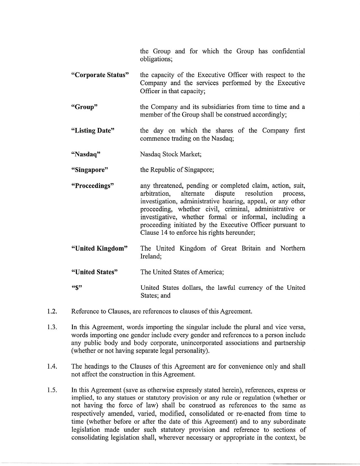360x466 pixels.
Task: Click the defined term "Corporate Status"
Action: pyautogui.click(x=100, y=75)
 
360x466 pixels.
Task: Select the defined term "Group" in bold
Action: pyautogui.click(x=84, y=107)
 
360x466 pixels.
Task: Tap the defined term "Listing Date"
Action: pyautogui.click(x=93, y=131)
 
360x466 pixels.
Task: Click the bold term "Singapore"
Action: pyautogui.click(x=90, y=170)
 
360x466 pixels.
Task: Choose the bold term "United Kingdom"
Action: pyautogui.click(x=99, y=249)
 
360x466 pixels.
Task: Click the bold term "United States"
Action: pyautogui.click(x=94, y=272)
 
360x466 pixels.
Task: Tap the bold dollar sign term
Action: pyautogui.click(x=77, y=288)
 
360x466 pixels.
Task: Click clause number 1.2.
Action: pyautogui.click(x=51, y=312)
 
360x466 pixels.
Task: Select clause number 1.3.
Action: pyautogui.click(x=51, y=327)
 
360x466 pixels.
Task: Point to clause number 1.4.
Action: pyautogui.click(x=51, y=366)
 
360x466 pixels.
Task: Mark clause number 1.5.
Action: pyautogui.click(x=51, y=390)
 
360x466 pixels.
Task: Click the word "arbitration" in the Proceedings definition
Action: pyautogui.click(x=155, y=194)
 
